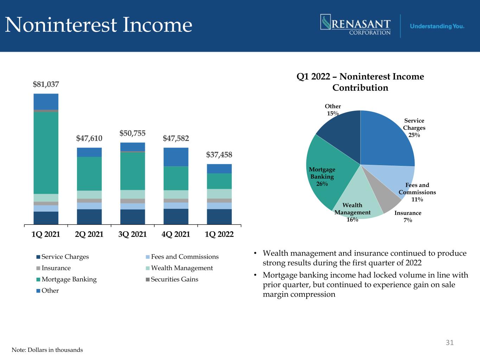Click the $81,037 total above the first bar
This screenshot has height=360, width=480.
46,84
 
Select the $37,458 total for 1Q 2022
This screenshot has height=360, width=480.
219,155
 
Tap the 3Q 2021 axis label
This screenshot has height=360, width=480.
133,234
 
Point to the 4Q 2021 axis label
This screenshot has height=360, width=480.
176,234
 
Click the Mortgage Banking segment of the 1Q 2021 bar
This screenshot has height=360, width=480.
46,153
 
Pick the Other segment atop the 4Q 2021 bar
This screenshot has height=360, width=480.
176,157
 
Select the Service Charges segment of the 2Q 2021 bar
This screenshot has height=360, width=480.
89,217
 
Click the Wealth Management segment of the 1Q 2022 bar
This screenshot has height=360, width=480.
219,194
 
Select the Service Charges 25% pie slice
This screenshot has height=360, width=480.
387,141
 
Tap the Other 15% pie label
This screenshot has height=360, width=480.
333,110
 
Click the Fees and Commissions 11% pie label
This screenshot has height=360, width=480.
417,192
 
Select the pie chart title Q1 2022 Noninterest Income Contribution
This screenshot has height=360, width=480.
360,82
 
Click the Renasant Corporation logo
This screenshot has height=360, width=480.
355,25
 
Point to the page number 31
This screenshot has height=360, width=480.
449,342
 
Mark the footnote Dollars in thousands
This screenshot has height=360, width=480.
47,350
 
